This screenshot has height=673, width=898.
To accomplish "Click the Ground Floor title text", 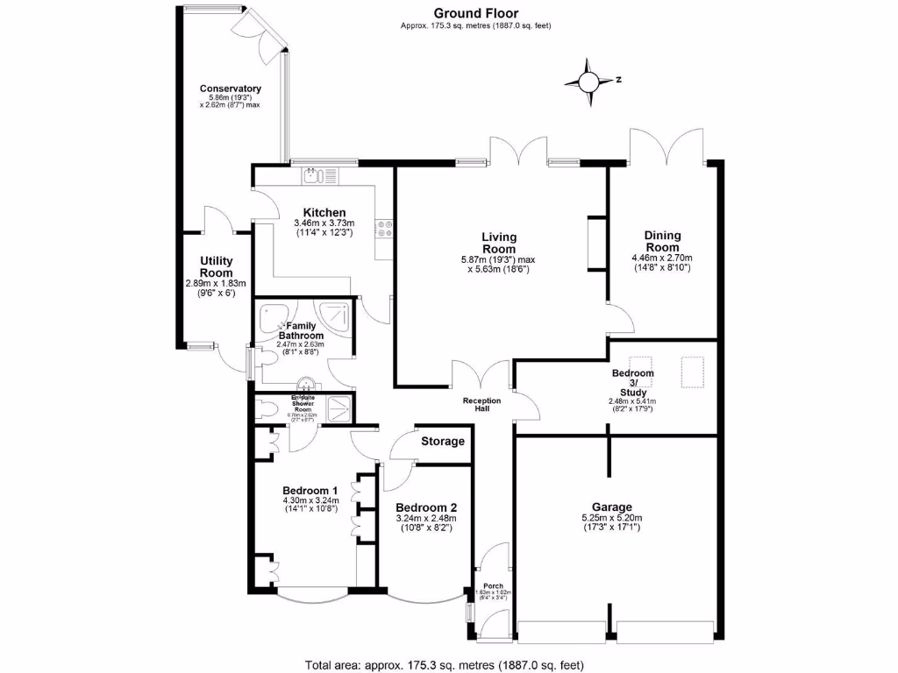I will point(475,13).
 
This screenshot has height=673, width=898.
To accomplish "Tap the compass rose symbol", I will point(588,82).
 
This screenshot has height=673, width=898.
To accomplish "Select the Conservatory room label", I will point(231,89).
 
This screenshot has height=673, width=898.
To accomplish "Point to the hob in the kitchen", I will point(384,229).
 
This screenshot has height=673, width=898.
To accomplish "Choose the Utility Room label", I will point(216,267).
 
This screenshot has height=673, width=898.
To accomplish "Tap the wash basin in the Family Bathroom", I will point(308,383).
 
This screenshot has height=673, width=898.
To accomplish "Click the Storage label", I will point(443,442).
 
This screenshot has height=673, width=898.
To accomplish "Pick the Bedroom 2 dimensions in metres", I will point(425,519).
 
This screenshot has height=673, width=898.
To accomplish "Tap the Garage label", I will point(611,507).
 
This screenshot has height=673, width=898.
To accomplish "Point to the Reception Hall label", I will point(482,405).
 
